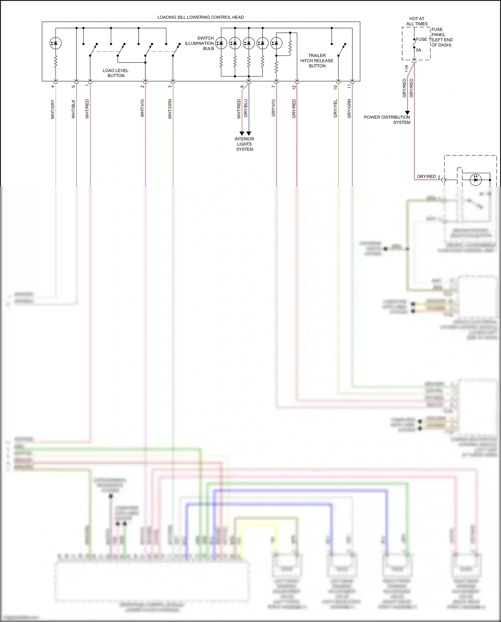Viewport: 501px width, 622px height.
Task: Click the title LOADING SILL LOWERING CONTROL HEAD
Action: point(200,17)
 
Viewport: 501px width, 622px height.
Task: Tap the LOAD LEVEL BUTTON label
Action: point(116,73)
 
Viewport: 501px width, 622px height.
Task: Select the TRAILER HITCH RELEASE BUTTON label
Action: point(317,61)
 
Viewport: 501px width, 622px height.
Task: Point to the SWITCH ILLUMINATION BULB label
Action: point(200,43)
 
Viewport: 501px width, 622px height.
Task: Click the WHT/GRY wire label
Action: point(52,109)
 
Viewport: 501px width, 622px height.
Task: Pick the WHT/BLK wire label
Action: point(73,109)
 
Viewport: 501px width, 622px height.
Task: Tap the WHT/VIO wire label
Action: point(142,108)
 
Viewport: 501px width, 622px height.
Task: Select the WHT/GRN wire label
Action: point(170,109)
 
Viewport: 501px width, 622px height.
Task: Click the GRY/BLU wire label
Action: point(246,108)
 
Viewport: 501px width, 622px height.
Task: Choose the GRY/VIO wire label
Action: point(273,108)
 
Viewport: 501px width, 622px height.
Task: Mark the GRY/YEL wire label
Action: point(335,109)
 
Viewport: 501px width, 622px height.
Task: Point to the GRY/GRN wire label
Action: point(349,109)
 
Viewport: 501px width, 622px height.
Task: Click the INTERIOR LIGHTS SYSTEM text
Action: point(244,144)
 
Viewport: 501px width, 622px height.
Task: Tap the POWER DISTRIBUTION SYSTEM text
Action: point(387,120)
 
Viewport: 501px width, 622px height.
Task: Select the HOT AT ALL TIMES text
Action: point(417,21)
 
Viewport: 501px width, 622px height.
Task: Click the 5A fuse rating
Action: point(419,50)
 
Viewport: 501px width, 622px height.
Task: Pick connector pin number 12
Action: point(294,87)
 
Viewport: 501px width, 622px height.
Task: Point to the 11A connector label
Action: point(406,69)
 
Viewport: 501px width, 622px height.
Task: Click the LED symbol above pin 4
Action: point(55,43)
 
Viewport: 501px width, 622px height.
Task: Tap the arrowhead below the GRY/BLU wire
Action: point(249,133)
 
